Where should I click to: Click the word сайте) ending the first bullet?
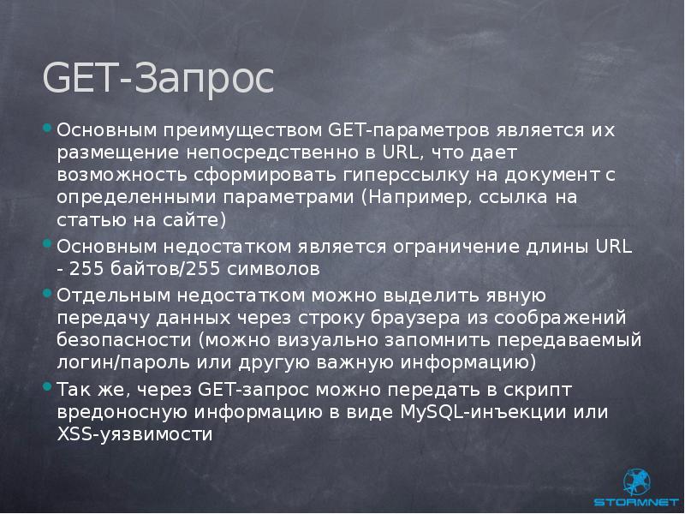tap(195, 220)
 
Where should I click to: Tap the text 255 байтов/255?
tap(148, 269)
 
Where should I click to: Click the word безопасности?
tap(122, 340)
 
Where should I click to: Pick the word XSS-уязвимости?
tap(134, 433)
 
